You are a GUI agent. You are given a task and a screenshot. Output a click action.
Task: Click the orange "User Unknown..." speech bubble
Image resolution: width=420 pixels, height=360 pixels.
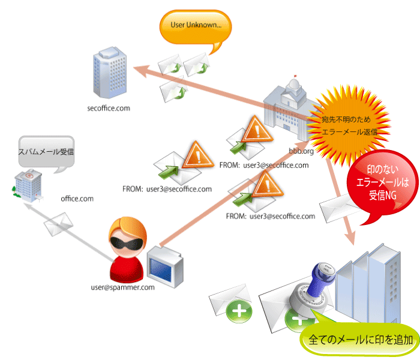pos(195,27)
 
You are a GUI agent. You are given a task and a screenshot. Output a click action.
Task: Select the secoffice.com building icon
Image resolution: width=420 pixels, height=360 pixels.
pos(108,75)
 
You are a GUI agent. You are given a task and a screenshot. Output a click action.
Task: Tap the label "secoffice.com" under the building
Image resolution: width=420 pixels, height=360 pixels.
pos(109,109)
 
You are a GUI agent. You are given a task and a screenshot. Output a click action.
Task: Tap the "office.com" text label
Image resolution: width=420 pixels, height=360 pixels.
pos(77,198)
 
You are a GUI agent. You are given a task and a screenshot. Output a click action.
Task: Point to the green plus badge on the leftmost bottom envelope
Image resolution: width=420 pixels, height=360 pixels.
pos(241,311)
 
